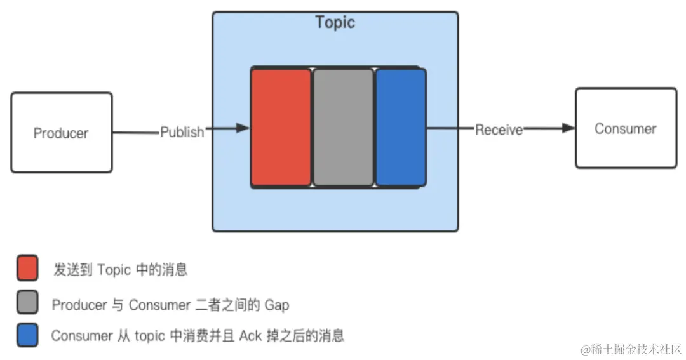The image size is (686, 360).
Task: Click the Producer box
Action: click(x=61, y=133)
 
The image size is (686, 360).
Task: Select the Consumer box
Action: click(x=626, y=128)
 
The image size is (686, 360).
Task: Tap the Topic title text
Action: click(x=335, y=23)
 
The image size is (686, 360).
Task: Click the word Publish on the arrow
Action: click(x=182, y=132)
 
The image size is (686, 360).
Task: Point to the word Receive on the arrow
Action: click(x=499, y=130)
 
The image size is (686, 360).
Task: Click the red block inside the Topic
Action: click(x=281, y=127)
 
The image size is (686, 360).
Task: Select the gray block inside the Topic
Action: click(x=343, y=127)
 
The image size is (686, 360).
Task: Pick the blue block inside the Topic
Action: click(x=400, y=127)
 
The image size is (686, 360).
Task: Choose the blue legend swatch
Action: click(x=27, y=335)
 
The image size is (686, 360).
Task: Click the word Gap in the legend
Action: click(x=277, y=305)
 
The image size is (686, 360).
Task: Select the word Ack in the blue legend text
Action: click(x=250, y=336)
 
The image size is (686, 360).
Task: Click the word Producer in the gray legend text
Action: click(x=79, y=305)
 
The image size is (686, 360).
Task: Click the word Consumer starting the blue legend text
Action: click(x=81, y=336)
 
